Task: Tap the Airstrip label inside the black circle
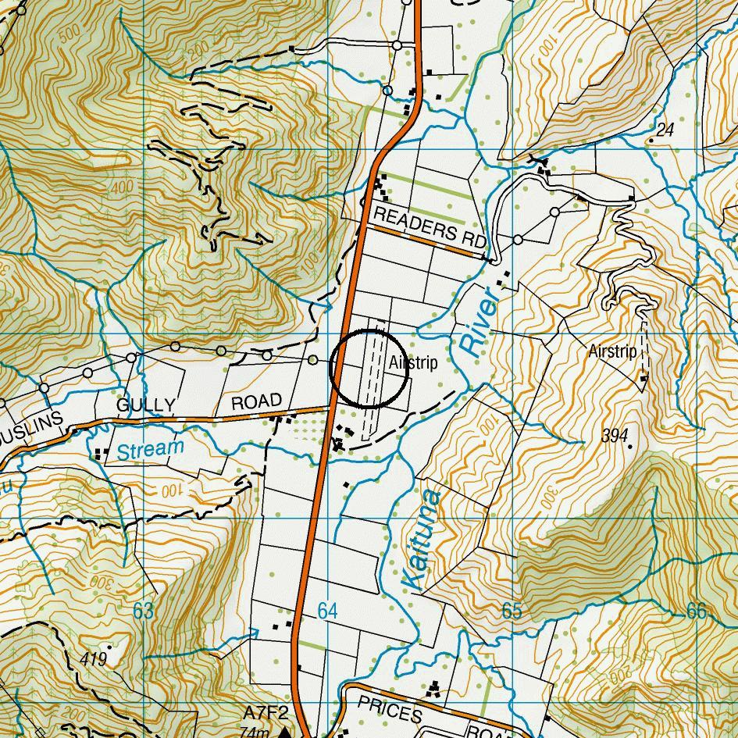pyautogui.click(x=413, y=363)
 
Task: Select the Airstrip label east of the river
pyautogui.click(x=612, y=352)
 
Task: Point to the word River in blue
pyautogui.click(x=478, y=323)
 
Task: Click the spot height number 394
pyautogui.click(x=615, y=436)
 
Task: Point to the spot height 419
pyautogui.click(x=93, y=659)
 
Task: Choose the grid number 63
pyautogui.click(x=143, y=611)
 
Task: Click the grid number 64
pyautogui.click(x=327, y=611)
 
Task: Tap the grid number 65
pyautogui.click(x=512, y=611)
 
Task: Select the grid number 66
pyautogui.click(x=696, y=611)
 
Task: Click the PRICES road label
pyautogui.click(x=390, y=710)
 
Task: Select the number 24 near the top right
pyautogui.click(x=665, y=130)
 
